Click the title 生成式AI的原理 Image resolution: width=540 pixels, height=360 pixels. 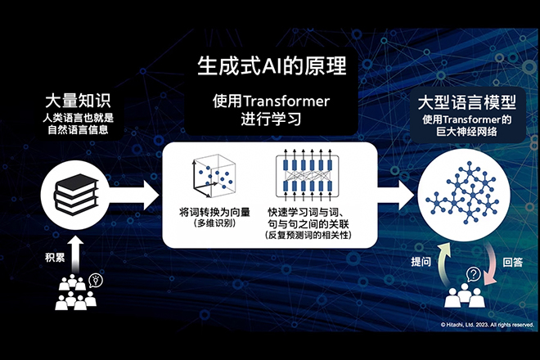click(272, 65)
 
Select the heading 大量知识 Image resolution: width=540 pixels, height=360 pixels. click(78, 101)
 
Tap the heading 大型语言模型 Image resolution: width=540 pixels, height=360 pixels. click(467, 102)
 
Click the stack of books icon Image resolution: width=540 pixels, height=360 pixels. click(76, 194)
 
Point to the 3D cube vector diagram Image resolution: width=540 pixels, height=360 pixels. click(214, 176)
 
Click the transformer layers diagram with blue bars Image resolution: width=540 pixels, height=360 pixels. click(307, 175)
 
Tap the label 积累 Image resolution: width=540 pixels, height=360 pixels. click(55, 258)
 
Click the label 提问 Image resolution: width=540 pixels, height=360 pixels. click(421, 262)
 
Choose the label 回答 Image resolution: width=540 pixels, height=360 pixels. click(512, 263)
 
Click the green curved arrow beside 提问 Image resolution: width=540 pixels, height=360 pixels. click(443, 263)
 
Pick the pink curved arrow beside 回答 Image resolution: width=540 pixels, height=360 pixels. click(490, 264)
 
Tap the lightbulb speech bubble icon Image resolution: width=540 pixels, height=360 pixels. click(96, 281)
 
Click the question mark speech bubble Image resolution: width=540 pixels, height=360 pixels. click(474, 275)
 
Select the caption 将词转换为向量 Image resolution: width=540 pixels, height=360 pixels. click(214, 212)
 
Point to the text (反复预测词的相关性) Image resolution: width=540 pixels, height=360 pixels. click(308, 236)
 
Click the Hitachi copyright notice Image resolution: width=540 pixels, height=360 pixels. click(487, 325)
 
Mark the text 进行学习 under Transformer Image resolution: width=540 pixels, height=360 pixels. click(271, 119)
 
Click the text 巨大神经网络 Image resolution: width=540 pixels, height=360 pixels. click(466, 132)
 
